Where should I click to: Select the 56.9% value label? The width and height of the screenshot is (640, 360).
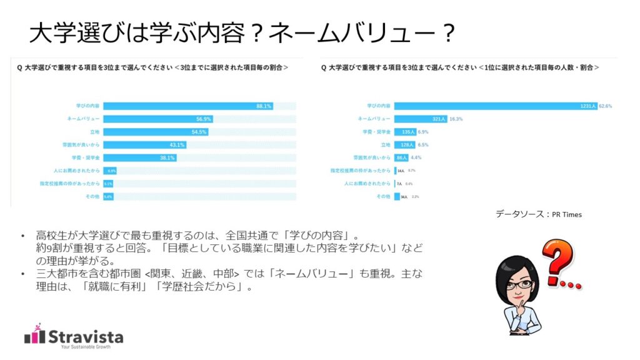point(204,119)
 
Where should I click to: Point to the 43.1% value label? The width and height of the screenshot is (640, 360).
point(177,145)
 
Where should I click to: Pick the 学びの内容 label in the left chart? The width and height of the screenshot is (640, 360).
point(88,106)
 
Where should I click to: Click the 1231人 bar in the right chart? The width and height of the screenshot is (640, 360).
point(494,106)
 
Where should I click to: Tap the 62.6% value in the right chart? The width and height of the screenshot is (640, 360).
point(604,106)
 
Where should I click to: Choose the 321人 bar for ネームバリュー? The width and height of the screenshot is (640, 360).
point(420,119)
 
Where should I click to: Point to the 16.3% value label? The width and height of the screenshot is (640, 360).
point(456,119)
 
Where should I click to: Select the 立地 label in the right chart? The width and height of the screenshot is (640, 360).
point(384,145)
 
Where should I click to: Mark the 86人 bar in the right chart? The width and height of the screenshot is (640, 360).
point(401,158)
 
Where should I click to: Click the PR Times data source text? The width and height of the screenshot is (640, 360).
point(567,214)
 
